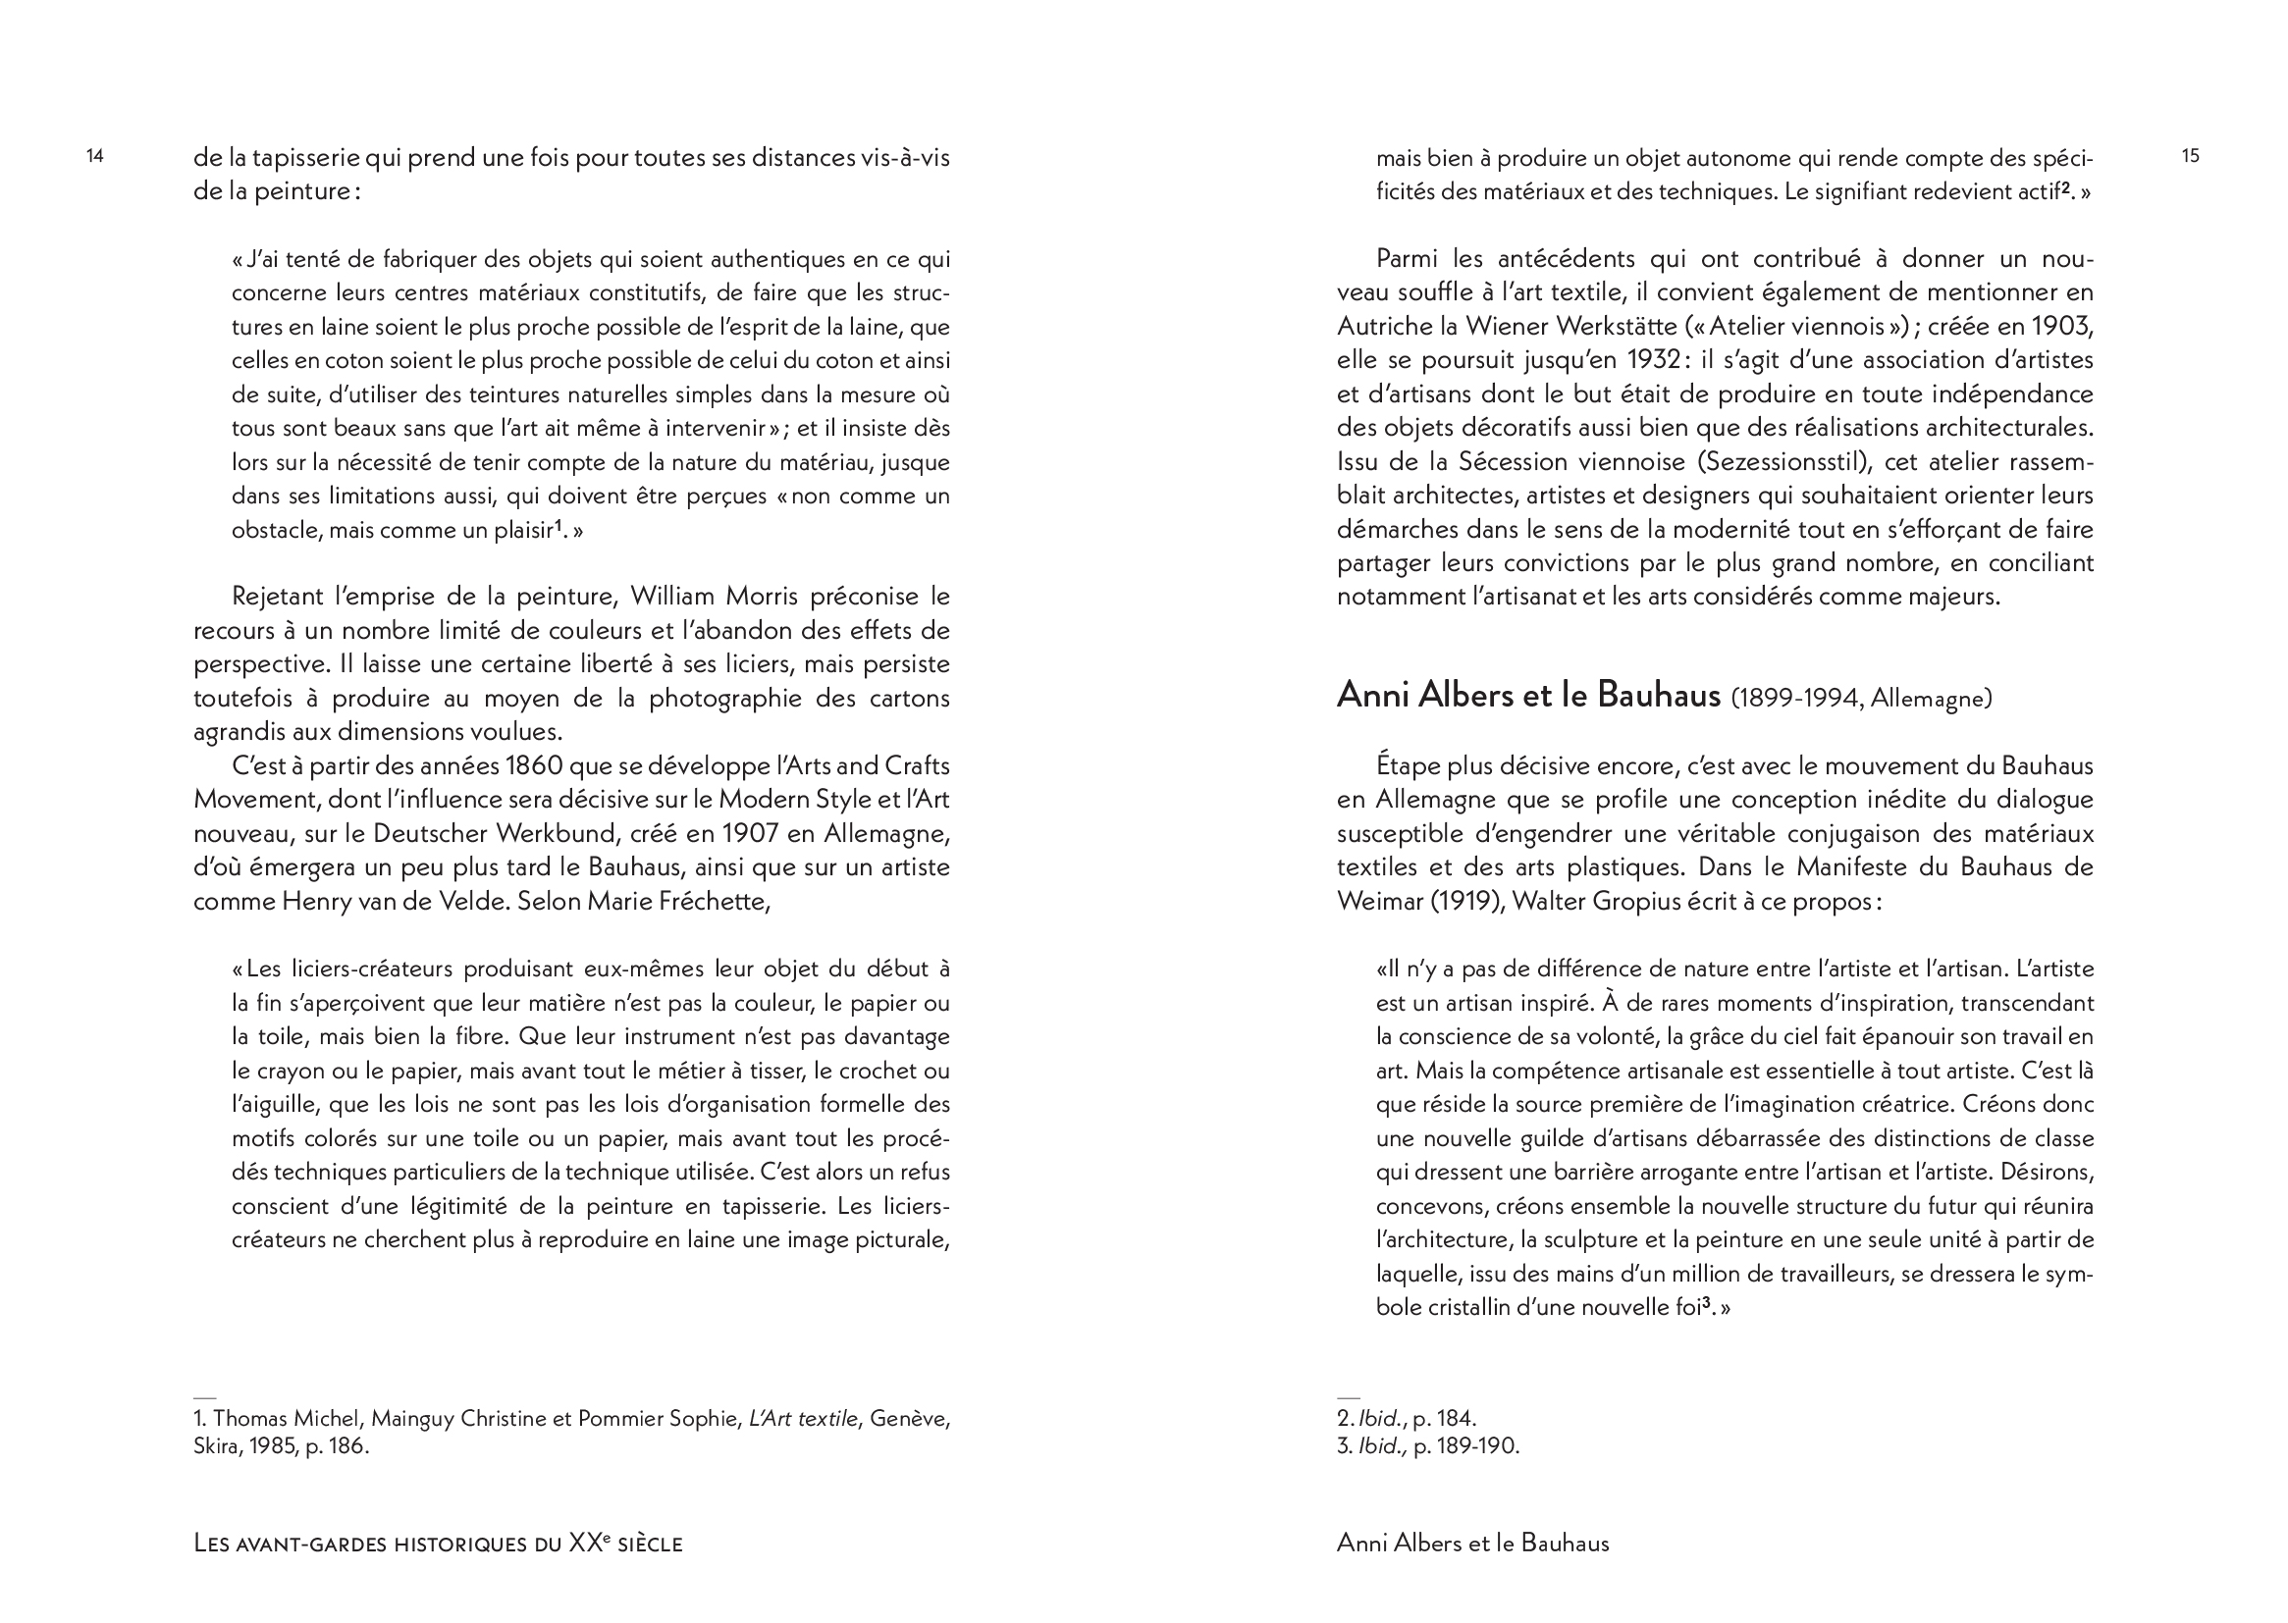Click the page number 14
click(95, 156)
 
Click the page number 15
click(2190, 156)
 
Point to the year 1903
click(2061, 326)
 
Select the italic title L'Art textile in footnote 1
click(803, 1418)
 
